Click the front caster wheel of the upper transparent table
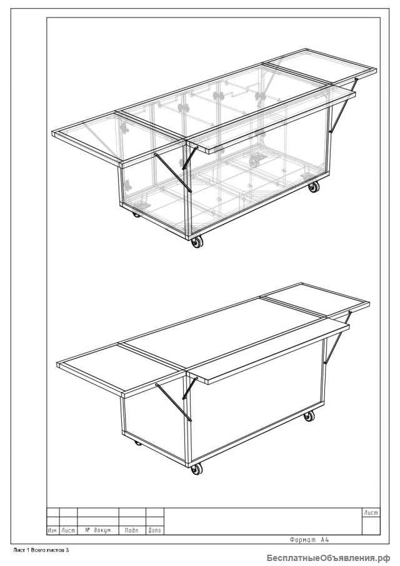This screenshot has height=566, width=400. pos(197,242)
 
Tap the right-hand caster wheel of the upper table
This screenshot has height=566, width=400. pos(313,187)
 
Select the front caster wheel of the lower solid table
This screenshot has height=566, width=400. pos(197,469)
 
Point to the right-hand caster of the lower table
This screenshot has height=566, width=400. pos(309,416)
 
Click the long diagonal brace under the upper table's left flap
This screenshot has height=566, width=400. pos(173,173)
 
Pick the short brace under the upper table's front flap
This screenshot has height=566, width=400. pos(190,158)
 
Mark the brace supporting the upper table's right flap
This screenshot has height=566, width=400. pos(343,105)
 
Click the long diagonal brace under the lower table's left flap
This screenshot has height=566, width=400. pos(174,402)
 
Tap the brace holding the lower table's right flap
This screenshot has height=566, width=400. pos(337,337)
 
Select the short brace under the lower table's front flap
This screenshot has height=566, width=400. pos(190,388)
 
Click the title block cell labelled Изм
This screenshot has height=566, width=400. pos(52,530)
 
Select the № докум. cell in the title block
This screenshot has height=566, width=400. pos(98,530)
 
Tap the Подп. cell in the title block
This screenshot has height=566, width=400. pos(132,530)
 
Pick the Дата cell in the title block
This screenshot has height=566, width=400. pos(155,530)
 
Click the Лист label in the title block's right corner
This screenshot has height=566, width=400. pos(371,513)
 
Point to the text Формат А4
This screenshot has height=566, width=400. pos(309,540)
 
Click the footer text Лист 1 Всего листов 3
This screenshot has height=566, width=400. pos(41,550)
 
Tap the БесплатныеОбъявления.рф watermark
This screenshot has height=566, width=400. pos(329,558)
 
